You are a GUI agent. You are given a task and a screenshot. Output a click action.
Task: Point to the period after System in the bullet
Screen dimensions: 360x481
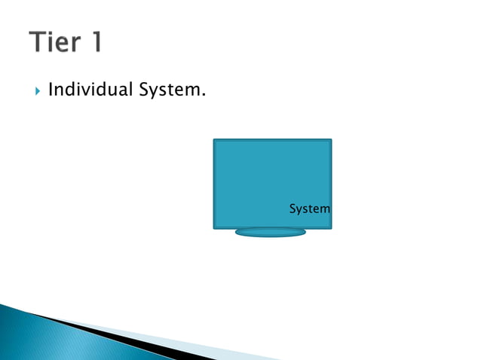click(x=204, y=96)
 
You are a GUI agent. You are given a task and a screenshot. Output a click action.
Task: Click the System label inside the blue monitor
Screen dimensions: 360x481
click(x=309, y=209)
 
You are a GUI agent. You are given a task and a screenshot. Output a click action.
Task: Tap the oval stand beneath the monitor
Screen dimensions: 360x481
click(x=271, y=233)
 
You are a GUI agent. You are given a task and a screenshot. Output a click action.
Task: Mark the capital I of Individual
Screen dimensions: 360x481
click(x=51, y=91)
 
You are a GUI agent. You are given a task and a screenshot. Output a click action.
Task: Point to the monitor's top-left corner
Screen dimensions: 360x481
click(x=215, y=140)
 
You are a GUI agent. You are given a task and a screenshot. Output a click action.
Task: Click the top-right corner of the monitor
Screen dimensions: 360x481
click(x=330, y=140)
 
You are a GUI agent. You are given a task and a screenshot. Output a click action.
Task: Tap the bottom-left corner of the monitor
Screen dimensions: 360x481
click(x=215, y=227)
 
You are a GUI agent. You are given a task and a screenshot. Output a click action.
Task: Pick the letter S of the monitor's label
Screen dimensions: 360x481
click(x=293, y=209)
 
